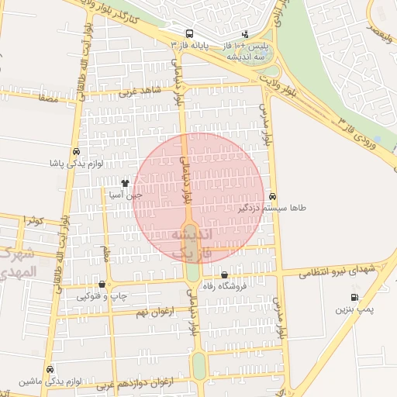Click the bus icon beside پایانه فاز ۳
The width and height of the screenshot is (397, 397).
190,34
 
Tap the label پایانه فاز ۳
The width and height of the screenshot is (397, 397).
191,47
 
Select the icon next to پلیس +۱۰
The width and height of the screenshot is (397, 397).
246,34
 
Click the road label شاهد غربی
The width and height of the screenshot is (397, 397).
140,91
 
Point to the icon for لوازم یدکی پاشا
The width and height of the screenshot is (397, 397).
76,152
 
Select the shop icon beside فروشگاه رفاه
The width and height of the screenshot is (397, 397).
225,275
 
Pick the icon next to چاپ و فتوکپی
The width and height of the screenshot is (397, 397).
103,284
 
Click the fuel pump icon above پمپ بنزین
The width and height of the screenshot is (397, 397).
354,297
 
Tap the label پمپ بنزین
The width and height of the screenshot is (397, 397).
354,309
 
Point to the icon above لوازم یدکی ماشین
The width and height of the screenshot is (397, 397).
50,369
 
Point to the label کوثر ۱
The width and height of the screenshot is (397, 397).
33,221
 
